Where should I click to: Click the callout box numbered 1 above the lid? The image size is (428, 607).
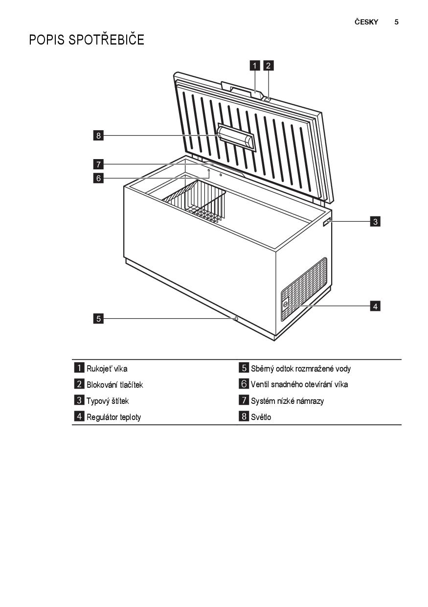click(x=254, y=66)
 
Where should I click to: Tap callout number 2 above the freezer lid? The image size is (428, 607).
click(x=268, y=66)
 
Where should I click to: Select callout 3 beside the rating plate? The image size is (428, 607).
click(x=375, y=222)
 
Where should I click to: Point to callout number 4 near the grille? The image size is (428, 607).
click(x=375, y=306)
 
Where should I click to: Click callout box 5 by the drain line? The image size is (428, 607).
click(x=98, y=318)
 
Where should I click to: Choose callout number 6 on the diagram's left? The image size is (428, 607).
click(x=98, y=178)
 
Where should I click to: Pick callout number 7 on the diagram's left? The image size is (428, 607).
click(x=98, y=164)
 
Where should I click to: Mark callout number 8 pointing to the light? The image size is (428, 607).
click(x=98, y=135)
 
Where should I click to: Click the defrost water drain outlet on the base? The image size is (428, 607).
click(x=236, y=319)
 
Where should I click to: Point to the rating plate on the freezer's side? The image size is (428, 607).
click(x=327, y=222)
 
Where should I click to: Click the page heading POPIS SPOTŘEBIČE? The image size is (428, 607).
click(x=87, y=40)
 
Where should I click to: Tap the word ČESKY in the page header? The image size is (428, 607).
click(x=366, y=22)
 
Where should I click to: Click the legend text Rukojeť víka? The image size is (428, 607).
click(x=107, y=369)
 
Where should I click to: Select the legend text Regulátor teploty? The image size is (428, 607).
click(x=113, y=417)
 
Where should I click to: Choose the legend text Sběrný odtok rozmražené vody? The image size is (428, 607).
click(x=301, y=369)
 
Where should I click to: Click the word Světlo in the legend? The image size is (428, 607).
click(x=261, y=417)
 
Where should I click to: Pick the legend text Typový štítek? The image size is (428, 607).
click(x=108, y=401)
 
